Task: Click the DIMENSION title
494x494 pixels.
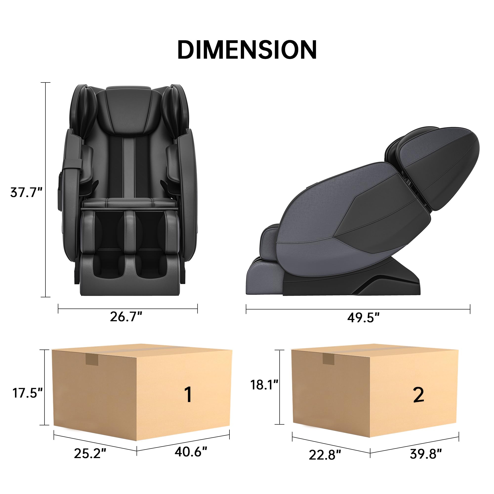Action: tap(247, 50)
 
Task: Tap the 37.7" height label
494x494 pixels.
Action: tap(26, 193)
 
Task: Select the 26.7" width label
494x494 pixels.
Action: tap(126, 317)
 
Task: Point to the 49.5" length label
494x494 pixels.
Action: tap(363, 318)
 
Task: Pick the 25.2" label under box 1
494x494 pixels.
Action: tap(90, 453)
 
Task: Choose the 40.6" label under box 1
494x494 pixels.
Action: tap(191, 452)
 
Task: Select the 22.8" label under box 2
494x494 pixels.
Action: tap(325, 455)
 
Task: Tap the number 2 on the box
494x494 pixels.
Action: tap(419, 395)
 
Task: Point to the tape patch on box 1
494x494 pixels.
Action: tap(92, 360)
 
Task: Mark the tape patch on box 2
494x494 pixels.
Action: tap(328, 359)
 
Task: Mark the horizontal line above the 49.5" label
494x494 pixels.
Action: tap(358, 309)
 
